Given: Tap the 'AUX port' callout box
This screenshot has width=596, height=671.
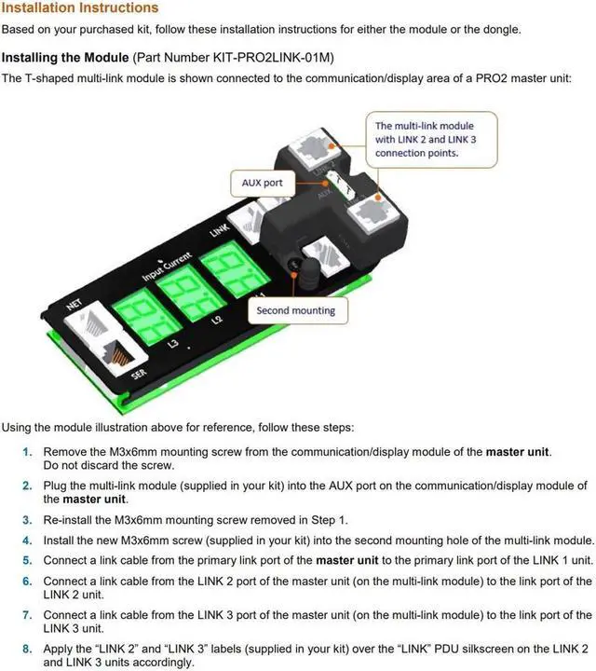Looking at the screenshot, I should [262, 183].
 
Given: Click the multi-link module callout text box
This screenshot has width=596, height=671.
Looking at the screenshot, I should [425, 139].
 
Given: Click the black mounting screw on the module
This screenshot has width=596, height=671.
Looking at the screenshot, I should [306, 272].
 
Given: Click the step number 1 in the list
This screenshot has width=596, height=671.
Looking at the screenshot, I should [28, 452].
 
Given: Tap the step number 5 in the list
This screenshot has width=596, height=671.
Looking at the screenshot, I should [28, 560].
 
